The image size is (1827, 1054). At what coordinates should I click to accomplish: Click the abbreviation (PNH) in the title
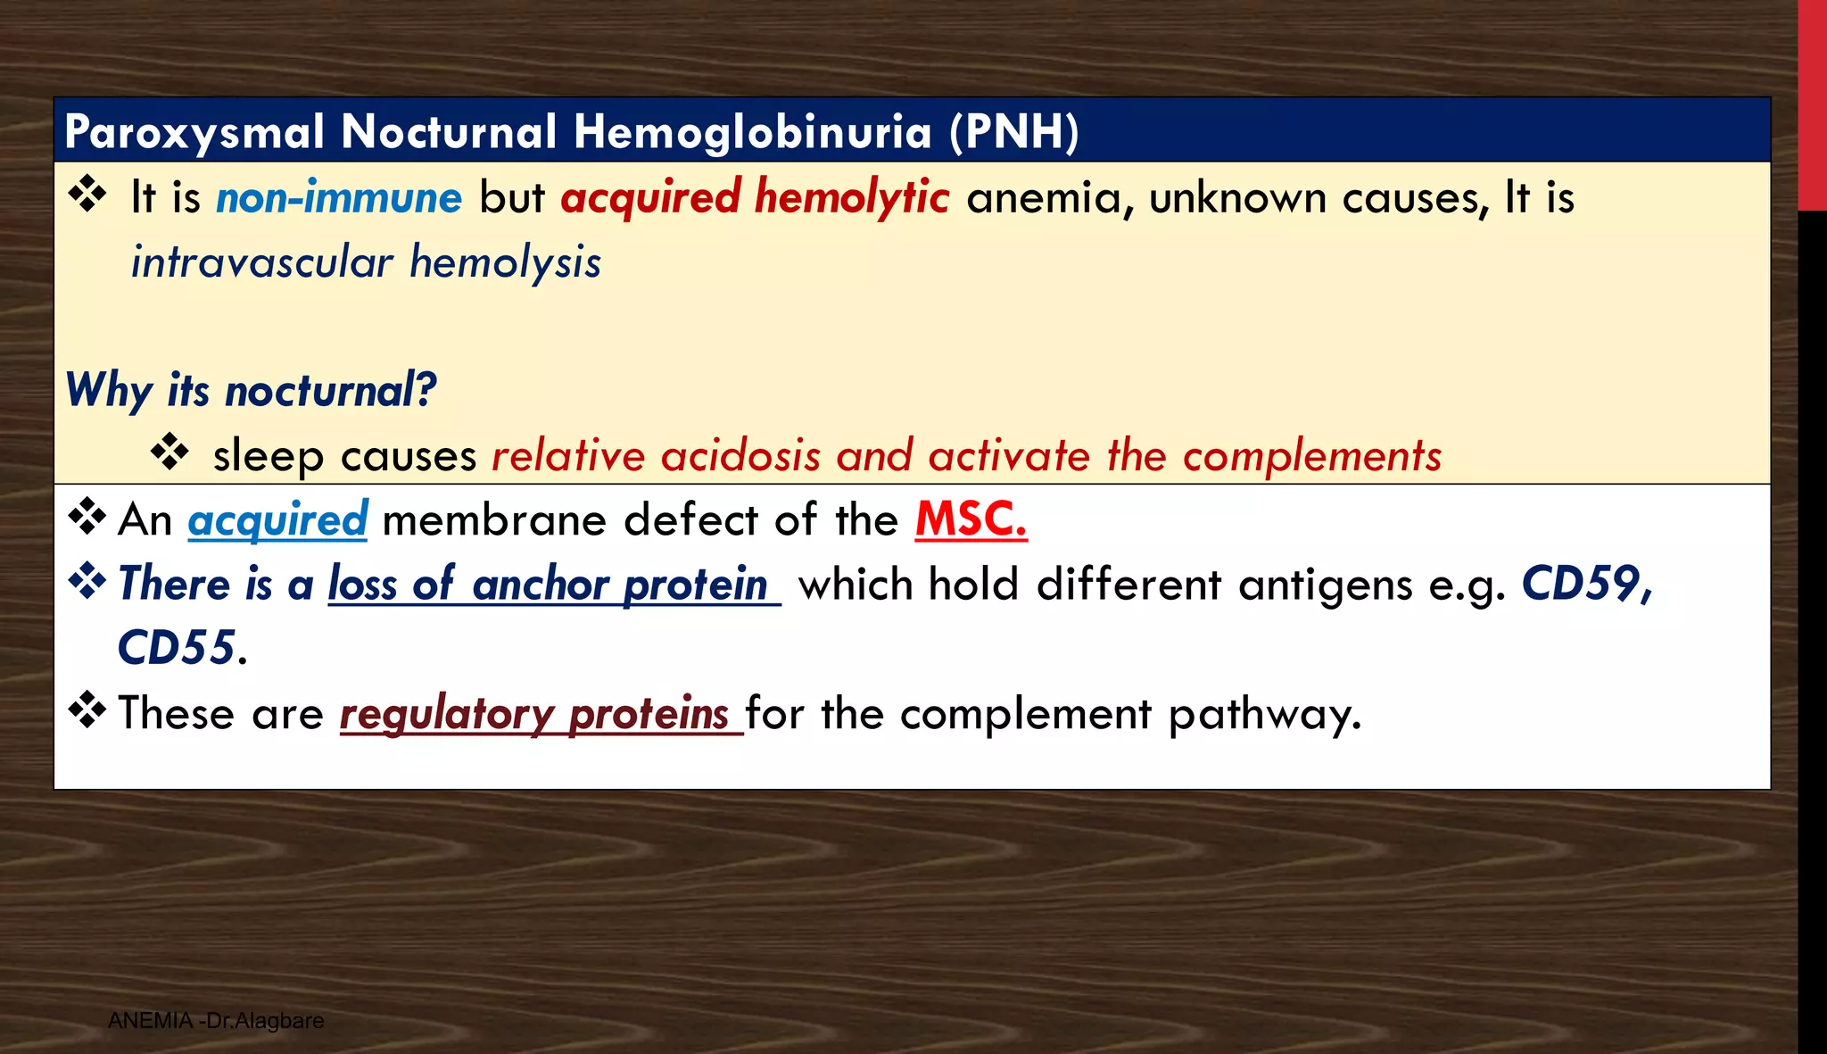pyautogui.click(x=1013, y=132)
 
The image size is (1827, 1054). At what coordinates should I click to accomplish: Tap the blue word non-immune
pyautogui.click(x=339, y=197)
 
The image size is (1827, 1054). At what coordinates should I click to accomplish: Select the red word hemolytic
pyautogui.click(x=851, y=197)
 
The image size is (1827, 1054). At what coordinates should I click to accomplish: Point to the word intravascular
pyautogui.click(x=262, y=262)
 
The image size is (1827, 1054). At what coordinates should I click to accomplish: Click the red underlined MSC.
pyautogui.click(x=971, y=519)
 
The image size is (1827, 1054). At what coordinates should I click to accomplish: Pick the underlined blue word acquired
pyautogui.click(x=277, y=519)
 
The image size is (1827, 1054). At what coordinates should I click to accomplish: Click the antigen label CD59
pyautogui.click(x=1584, y=585)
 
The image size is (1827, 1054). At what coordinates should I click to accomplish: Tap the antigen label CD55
pyautogui.click(x=178, y=648)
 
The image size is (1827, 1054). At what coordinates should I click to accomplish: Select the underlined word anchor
pyautogui.click(x=541, y=585)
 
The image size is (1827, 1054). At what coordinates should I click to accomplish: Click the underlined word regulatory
pyautogui.click(x=447, y=713)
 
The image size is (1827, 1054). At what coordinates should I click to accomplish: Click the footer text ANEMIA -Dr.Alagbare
pyautogui.click(x=216, y=1020)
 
